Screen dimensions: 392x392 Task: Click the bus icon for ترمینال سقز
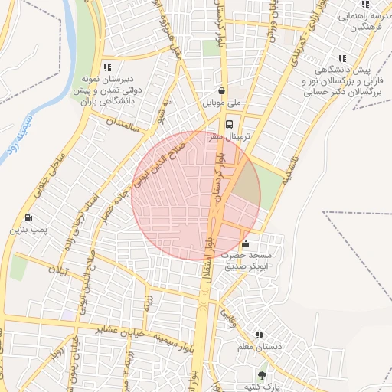pyautogui.click(x=229, y=124)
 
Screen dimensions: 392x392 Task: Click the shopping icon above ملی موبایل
pyautogui.click(x=222, y=90)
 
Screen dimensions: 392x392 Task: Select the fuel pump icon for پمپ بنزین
pyautogui.click(x=29, y=217)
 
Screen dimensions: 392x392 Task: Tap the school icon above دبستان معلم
pyautogui.click(x=260, y=335)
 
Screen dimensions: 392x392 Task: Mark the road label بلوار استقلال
pyautogui.click(x=208, y=260)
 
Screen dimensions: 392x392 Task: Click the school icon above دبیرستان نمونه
pyautogui.click(x=106, y=67)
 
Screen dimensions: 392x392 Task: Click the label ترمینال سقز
pyautogui.click(x=227, y=136)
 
